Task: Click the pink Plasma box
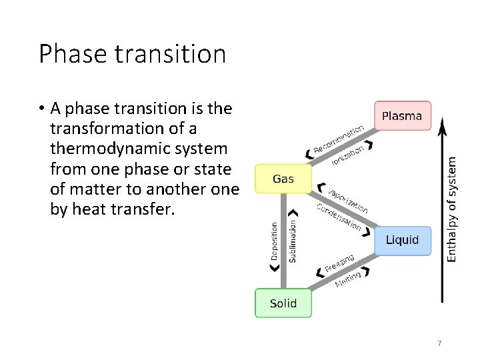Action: (402, 116)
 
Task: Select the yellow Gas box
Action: (283, 179)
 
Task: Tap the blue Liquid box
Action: (402, 240)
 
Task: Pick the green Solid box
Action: (283, 303)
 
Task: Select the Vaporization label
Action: (348, 197)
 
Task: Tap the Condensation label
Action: (338, 217)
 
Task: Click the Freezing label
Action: (339, 263)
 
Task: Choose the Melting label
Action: (348, 279)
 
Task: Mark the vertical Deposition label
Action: (274, 241)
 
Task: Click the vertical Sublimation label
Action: (293, 241)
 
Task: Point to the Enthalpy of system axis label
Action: (451, 209)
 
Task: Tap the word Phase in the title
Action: (69, 54)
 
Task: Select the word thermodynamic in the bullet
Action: (105, 148)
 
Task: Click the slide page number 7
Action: (439, 343)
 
